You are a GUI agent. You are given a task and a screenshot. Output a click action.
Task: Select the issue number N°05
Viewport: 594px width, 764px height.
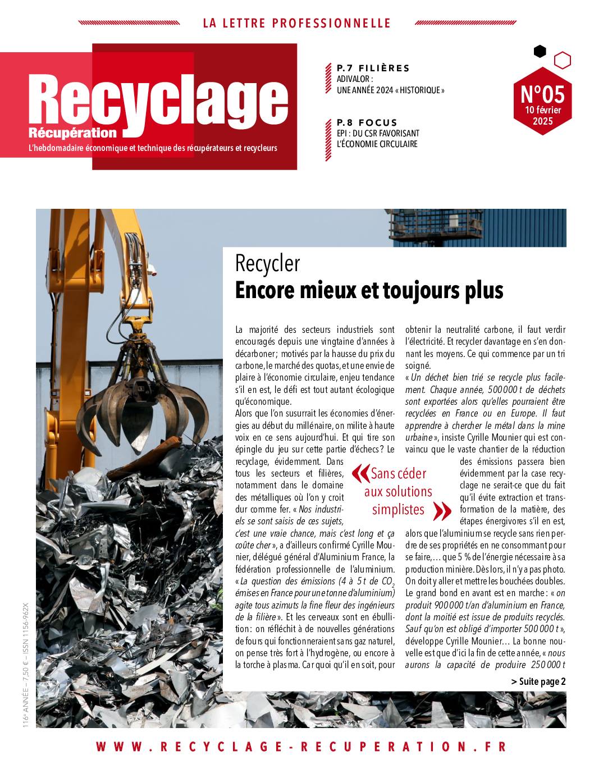coord(542,93)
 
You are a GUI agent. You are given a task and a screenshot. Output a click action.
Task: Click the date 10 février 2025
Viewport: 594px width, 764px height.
coord(542,115)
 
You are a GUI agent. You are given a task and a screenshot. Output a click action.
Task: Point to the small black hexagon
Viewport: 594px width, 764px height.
coord(540,52)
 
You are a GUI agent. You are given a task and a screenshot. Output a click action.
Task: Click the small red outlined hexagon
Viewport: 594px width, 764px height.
coord(562,60)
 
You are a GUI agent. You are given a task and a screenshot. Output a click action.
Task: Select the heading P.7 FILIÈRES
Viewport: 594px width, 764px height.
coord(373,68)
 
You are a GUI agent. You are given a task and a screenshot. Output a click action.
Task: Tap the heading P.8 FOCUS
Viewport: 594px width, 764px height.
coord(367,122)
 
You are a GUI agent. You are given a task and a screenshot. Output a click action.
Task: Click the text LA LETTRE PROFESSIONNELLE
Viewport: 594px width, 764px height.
coord(296,23)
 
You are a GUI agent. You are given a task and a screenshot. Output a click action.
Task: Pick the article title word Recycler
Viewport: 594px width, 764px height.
coord(268,263)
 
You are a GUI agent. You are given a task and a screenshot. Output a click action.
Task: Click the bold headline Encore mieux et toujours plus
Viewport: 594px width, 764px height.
coord(369,290)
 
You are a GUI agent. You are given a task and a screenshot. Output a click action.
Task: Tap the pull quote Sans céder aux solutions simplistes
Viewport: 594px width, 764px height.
coord(398,491)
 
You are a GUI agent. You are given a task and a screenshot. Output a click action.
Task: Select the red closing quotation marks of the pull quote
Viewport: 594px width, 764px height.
coord(442,510)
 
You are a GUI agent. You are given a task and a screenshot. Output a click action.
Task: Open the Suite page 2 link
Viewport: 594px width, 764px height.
coord(538,681)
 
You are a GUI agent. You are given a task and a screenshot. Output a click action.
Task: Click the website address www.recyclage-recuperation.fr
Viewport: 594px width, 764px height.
coord(301,747)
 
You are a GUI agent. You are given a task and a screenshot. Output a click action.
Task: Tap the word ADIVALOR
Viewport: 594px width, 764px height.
coord(355,79)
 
